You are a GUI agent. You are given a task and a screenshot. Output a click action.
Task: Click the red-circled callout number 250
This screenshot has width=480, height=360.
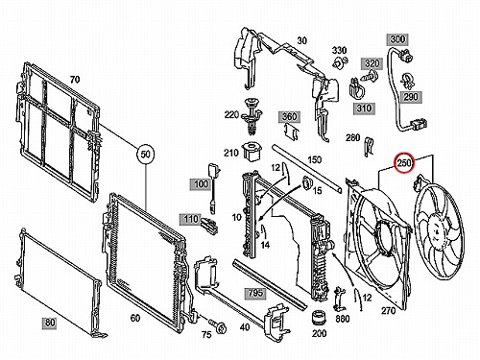(404, 163)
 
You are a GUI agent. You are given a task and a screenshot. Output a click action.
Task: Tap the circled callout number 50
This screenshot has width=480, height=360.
(145, 155)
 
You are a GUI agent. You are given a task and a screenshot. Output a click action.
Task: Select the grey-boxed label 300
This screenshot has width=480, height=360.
(397, 39)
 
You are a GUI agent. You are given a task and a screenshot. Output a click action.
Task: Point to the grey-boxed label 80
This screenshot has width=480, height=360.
(50, 323)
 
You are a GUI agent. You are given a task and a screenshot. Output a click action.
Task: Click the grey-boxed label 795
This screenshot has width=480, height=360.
(255, 293)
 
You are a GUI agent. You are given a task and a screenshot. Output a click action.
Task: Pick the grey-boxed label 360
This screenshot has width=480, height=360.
(289, 116)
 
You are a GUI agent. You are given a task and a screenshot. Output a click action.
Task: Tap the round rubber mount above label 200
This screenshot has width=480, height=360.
(319, 318)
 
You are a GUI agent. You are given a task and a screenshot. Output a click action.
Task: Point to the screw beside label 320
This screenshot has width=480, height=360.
(370, 77)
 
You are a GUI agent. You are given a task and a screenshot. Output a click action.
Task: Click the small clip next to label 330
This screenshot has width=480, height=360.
(340, 62)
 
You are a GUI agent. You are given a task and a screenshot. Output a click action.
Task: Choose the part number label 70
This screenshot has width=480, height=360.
(75, 79)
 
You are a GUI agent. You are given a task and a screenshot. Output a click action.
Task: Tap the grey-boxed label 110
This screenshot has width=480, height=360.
(190, 219)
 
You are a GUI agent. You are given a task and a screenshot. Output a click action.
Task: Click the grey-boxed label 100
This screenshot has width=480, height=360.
(201, 184)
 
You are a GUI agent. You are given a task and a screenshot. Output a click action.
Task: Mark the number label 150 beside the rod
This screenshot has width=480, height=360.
(314, 159)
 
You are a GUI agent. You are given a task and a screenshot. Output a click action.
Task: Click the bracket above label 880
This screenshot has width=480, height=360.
(340, 300)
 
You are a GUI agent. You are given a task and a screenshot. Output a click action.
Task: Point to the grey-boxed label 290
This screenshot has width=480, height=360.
(411, 96)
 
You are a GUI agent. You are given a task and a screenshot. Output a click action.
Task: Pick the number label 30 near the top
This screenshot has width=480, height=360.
(301, 40)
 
